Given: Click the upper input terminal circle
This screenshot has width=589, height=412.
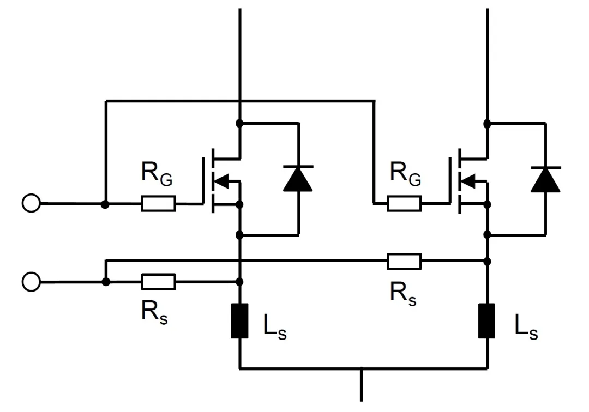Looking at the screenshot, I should click(x=31, y=204).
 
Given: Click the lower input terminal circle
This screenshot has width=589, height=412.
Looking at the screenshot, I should click(x=31, y=282).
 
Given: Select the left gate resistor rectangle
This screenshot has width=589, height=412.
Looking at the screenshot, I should click(x=158, y=204).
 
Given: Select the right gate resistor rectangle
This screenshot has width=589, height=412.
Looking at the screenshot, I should click(x=404, y=204).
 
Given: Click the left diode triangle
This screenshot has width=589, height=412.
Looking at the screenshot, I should click(x=298, y=180).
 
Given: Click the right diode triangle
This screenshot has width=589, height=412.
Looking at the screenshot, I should click(x=545, y=180).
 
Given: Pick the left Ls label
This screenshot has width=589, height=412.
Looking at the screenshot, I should click(x=273, y=328).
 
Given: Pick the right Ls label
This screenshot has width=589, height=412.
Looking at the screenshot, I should click(x=526, y=328).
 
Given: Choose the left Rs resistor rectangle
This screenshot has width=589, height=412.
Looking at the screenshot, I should click(x=158, y=282).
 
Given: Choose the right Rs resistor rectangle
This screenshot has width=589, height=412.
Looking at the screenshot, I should click(x=404, y=261).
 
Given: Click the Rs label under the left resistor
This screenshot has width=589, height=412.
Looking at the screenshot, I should click(x=154, y=312).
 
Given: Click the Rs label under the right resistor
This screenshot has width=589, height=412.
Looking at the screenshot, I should click(x=403, y=293).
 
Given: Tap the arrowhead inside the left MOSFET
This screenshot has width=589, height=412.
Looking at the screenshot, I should click(x=222, y=180).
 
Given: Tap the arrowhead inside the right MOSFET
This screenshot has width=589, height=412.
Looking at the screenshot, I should click(x=468, y=180).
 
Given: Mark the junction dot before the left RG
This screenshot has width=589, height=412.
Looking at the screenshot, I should click(x=105, y=204).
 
